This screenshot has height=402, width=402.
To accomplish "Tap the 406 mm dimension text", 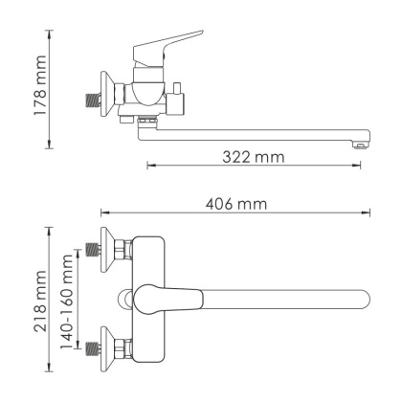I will click(x=234, y=204).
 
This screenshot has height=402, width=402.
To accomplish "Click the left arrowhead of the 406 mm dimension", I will click(x=104, y=212).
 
